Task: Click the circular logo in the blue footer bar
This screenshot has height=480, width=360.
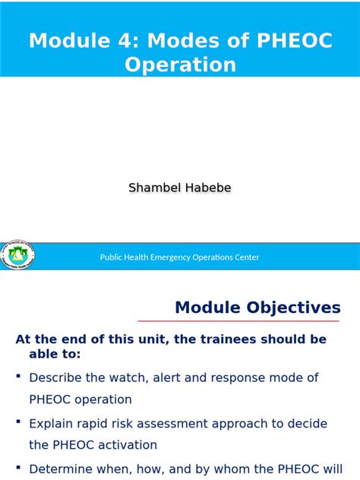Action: [17, 256]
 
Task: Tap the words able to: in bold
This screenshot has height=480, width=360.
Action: [54, 354]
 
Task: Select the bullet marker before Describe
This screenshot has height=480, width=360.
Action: [18, 377]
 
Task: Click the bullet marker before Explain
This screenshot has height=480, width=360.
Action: [18, 423]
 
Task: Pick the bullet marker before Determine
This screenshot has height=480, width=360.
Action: [18, 469]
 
